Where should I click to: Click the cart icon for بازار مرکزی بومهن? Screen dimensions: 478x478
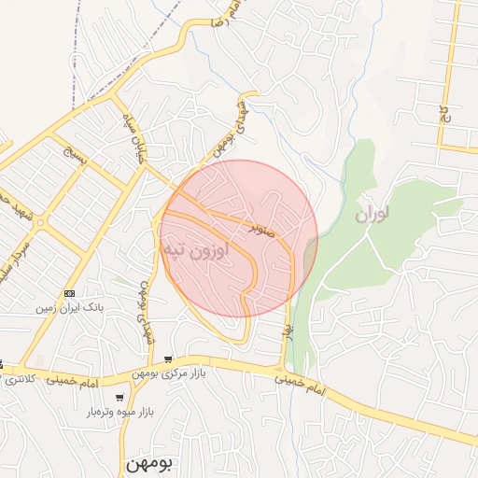pos(168,359)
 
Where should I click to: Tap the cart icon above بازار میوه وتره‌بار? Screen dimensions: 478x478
pos(119,398)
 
